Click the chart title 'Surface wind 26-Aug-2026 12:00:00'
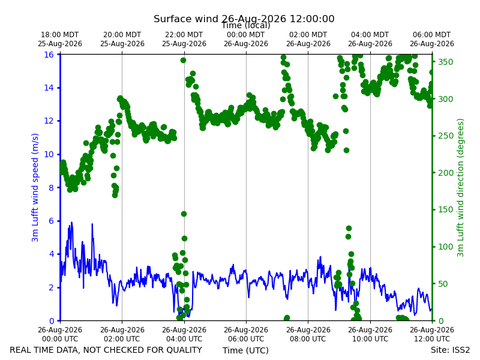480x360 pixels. [244, 19]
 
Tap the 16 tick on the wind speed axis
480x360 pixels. [49, 55]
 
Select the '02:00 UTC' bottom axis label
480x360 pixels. [122, 339]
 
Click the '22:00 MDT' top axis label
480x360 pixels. [184, 35]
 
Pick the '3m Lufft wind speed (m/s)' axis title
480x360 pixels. [35, 187]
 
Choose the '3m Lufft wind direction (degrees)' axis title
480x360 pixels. [460, 187]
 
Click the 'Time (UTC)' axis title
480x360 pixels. [245, 350]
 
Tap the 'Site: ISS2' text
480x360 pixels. [450, 350]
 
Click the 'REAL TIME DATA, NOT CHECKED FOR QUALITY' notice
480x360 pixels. [106, 350]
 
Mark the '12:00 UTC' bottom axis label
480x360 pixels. [432, 339]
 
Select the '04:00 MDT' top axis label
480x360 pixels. [370, 35]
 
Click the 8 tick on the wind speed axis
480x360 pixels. [51, 188]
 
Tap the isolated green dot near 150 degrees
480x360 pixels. [184, 214]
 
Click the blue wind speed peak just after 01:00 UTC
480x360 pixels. [92, 224]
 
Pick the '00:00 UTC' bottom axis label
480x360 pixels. [60, 339]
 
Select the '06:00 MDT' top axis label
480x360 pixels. [431, 35]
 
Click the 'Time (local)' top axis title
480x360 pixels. [246, 25]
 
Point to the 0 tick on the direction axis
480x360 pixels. [440, 321]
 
